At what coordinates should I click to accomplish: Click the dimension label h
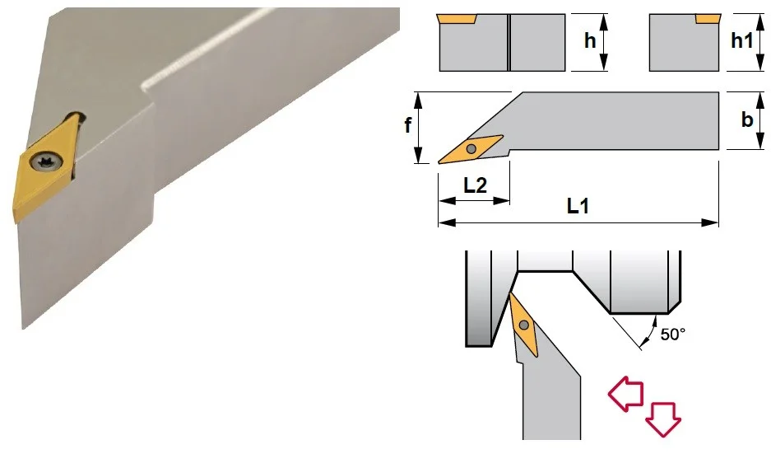pos(590,41)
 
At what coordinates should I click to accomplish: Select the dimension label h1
pos(742,41)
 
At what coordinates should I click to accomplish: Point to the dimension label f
pos(407,125)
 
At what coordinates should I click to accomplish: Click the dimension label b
pos(747,119)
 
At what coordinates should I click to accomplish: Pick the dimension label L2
pos(475,185)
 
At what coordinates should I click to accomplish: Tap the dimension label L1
pos(578,206)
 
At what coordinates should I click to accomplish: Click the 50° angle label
pos(672,335)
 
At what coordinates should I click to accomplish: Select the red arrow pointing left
pos(625,394)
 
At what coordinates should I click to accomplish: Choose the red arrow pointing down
pos(663,419)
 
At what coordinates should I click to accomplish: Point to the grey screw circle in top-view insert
pos(471,148)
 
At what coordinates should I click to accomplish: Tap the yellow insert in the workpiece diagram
pos(523,325)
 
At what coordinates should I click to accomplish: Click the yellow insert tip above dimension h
pos(457,19)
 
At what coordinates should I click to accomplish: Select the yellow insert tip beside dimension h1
pos(708,19)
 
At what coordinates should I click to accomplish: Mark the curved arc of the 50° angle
pos(651,330)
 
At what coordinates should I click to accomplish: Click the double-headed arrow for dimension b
pos(760,120)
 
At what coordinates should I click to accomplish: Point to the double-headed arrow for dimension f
pos(419,128)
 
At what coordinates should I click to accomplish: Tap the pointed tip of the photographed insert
pos(16,222)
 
